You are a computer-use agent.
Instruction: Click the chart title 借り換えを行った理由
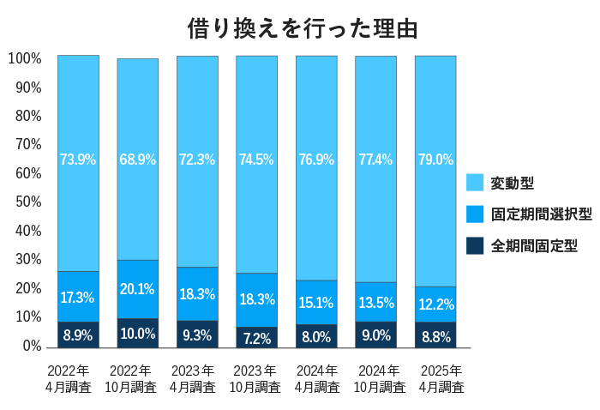pos(303,27)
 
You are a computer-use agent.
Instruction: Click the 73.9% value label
pos(78,160)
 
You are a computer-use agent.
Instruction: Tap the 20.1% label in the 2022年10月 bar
pos(137,289)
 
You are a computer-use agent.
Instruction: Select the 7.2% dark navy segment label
pos(256,338)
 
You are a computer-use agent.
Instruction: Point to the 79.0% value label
pos(435,160)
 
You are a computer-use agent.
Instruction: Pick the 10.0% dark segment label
pos(137,335)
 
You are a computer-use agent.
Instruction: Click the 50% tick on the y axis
pos(28,202)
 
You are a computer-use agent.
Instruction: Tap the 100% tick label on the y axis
pos(25,59)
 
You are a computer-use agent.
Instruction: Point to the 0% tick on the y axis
pos(32,346)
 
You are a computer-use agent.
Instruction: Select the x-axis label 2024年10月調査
pos(376,379)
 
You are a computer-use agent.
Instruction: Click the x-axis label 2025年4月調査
pos(435,379)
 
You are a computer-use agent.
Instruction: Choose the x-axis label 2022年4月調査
pos(78,379)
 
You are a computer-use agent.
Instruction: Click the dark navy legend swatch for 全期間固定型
pos(475,246)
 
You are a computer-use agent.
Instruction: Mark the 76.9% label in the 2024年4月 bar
pos(316,160)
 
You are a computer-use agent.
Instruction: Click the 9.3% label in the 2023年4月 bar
pos(197,336)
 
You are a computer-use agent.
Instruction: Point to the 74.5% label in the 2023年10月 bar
pos(256,160)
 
